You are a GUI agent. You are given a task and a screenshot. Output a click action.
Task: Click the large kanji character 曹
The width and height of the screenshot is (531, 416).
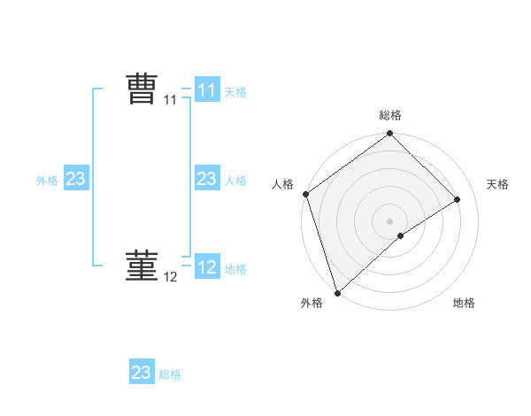(142, 89)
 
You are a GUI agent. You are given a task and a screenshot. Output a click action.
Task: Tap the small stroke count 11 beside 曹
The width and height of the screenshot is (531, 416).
(170, 100)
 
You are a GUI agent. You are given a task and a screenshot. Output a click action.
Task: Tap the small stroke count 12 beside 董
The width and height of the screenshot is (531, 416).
(170, 277)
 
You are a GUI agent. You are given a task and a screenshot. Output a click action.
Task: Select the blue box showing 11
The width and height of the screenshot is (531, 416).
(207, 90)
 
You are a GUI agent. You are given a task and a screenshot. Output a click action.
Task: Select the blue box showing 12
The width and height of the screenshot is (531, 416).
(207, 267)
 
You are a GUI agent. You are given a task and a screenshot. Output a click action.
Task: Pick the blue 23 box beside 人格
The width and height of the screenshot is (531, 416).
(207, 179)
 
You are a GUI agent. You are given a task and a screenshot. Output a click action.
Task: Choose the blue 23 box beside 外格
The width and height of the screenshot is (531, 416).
(76, 179)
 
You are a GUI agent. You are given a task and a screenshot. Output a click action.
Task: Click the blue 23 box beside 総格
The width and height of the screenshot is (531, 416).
(142, 373)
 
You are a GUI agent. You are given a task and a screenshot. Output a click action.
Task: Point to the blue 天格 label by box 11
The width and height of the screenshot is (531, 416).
(235, 91)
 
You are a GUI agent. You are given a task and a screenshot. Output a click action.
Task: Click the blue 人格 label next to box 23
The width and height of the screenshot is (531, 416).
(235, 180)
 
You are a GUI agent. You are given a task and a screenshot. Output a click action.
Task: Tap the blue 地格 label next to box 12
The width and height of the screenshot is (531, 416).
(235, 268)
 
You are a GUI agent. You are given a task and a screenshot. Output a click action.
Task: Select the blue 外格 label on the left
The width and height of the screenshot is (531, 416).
(47, 180)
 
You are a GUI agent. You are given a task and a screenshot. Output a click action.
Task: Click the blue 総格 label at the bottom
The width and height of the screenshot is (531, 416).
(170, 374)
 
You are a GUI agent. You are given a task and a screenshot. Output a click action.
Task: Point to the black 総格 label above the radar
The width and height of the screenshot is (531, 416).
(389, 115)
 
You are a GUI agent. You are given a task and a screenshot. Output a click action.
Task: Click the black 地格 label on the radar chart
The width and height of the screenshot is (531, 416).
(464, 303)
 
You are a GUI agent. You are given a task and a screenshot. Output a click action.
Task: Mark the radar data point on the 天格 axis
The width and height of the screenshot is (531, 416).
(458, 199)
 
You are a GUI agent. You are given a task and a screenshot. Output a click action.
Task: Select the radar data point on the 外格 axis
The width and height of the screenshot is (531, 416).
(336, 292)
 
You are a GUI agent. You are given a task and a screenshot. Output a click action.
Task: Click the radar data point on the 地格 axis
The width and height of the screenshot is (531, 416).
(401, 235)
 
